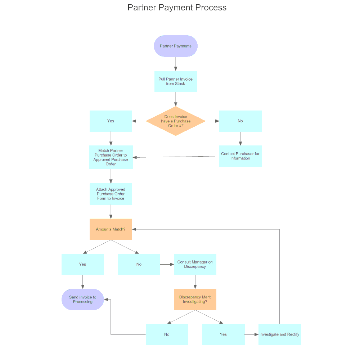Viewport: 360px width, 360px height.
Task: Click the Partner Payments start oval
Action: pos(176,46)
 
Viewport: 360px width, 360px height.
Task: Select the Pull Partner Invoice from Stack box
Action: pos(176,81)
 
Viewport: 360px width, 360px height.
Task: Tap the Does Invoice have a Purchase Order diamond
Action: pos(176,121)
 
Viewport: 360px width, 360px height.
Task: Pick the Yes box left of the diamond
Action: pos(111,121)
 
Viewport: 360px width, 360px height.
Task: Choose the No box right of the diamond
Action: pos(240,121)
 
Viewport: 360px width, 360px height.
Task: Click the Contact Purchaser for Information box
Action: pos(240,156)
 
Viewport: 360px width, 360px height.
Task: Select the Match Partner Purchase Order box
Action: pos(111,157)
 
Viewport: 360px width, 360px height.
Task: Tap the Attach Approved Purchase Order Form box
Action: pos(111,194)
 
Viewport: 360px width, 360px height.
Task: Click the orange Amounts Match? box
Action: pos(111,229)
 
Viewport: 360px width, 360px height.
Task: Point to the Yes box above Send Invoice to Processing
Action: pos(83,264)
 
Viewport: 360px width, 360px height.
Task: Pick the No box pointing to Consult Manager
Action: pos(139,264)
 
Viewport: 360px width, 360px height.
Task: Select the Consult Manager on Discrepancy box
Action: pos(195,264)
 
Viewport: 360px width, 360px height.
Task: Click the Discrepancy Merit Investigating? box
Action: pos(195,299)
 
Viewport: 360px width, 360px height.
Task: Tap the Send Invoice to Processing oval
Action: pos(83,299)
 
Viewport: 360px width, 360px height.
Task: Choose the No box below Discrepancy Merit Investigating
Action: pos(167,334)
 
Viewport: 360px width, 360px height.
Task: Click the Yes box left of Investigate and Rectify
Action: pos(223,334)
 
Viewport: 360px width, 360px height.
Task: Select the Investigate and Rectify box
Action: pos(279,334)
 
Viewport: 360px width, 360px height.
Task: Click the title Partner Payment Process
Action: pos(177,8)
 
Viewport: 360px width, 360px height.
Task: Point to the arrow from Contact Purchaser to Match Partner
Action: pos(176,157)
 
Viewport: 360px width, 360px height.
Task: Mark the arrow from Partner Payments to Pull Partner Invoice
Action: pos(176,64)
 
